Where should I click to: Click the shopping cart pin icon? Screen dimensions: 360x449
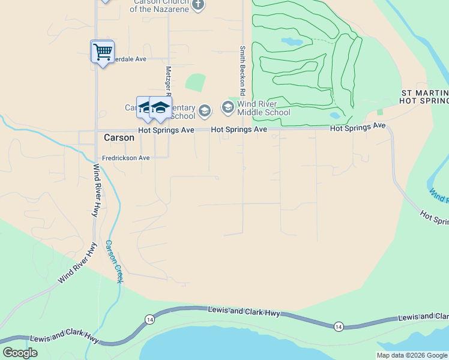point(103,52)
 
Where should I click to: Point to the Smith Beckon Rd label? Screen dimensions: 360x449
point(243,71)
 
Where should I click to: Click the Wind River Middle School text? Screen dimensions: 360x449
point(264,108)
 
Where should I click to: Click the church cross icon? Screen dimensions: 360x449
point(198,5)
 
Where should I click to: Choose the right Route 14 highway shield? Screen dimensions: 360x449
point(339,326)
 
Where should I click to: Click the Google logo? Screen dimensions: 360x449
point(20,352)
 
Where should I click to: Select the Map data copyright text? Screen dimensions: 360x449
point(412,355)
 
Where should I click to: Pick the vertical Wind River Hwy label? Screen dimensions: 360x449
point(95,190)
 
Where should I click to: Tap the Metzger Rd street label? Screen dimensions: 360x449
point(169,81)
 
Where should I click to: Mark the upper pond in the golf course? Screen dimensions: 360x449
point(292,42)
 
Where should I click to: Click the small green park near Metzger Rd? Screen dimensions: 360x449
point(195,82)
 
